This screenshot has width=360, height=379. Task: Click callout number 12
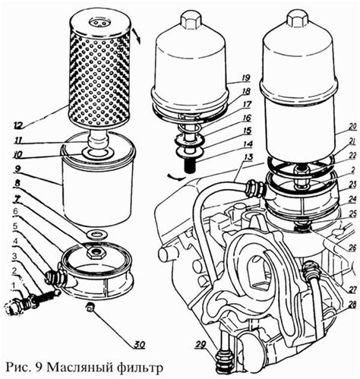[x=19, y=125]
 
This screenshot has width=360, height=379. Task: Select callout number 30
[x=139, y=344]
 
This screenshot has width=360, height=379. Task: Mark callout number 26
[x=352, y=248]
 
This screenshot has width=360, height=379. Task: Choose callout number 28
[x=352, y=305]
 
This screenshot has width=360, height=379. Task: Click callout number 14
[x=248, y=144]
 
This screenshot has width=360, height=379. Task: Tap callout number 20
[x=352, y=128]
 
